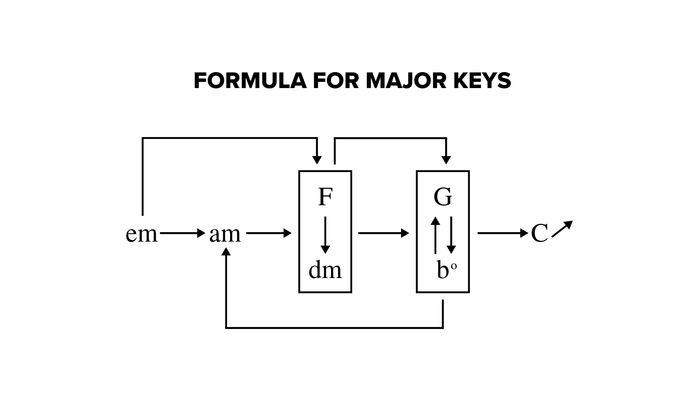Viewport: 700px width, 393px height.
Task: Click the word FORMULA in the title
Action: tap(250, 80)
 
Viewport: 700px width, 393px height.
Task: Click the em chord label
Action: tap(141, 234)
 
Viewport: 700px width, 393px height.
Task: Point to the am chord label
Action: tap(225, 234)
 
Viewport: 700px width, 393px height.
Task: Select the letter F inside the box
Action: tap(325, 197)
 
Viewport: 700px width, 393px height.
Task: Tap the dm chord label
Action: tap(325, 270)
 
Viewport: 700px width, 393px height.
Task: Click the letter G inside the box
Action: tap(443, 197)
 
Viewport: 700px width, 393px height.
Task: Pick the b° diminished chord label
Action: tap(446, 270)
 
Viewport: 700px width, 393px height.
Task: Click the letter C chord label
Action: tap(539, 234)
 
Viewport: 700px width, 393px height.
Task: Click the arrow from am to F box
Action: tap(269, 233)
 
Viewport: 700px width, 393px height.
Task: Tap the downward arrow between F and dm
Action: tap(325, 235)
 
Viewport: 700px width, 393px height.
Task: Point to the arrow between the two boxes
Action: tap(384, 233)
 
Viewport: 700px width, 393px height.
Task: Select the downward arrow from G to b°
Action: tap(451, 235)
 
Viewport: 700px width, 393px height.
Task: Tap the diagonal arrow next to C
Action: tap(563, 229)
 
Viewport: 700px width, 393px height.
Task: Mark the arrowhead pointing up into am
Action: tap(226, 252)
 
